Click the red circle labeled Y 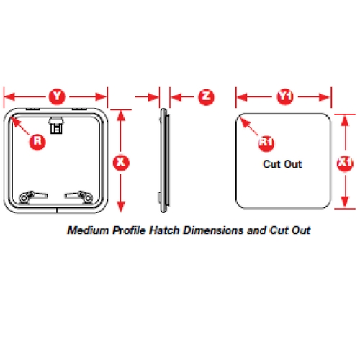[57, 96]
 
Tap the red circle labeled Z [207, 97]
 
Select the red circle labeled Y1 [285, 97]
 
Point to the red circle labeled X [121, 163]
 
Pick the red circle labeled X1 [345, 163]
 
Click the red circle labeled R [37, 142]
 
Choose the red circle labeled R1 [266, 143]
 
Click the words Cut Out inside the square [282, 164]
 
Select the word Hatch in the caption [164, 230]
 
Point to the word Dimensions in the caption [213, 230]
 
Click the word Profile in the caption [129, 231]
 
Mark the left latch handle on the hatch [33, 197]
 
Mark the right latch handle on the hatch [78, 197]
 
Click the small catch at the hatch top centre [56, 125]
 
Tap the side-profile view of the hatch [164, 161]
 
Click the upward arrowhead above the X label [121, 116]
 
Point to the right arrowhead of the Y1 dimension [325, 97]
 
